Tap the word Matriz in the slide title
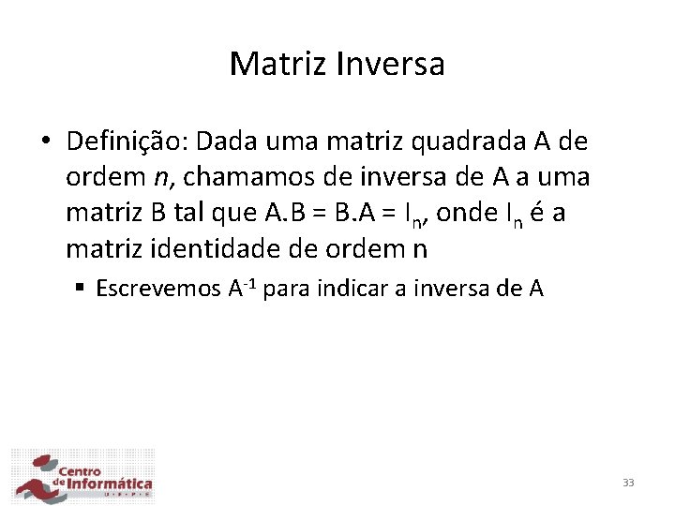tap(273, 64)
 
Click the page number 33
tap(628, 483)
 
